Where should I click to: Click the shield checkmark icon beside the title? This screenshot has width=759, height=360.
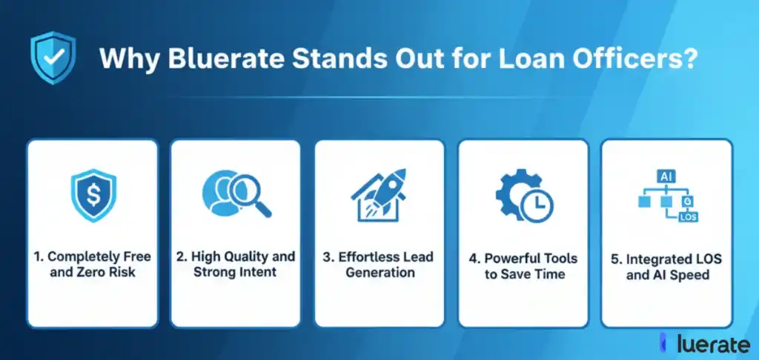pyautogui.click(x=53, y=58)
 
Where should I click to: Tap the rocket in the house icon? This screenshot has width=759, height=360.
pyautogui.click(x=385, y=191)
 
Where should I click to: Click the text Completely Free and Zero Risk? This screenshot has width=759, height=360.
pyautogui.click(x=93, y=264)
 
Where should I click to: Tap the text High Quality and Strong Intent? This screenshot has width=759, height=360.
pyautogui.click(x=235, y=264)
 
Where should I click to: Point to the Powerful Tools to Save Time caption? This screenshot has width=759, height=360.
pyautogui.click(x=524, y=266)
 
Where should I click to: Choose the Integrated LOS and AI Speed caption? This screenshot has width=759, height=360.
pyautogui.click(x=667, y=267)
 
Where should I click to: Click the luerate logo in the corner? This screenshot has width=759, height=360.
pyautogui.click(x=706, y=344)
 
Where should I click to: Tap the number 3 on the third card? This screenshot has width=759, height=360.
pyautogui.click(x=327, y=257)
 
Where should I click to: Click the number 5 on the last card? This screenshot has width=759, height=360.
pyautogui.click(x=614, y=259)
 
